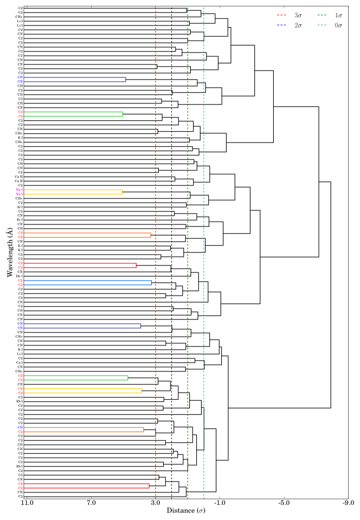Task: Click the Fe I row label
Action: (20, 219)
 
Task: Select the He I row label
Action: (20, 276)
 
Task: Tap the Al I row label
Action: (20, 206)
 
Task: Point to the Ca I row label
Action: (20, 362)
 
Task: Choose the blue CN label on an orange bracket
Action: (20, 427)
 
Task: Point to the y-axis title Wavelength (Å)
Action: (9, 252)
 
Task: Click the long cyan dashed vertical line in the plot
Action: (204, 271)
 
